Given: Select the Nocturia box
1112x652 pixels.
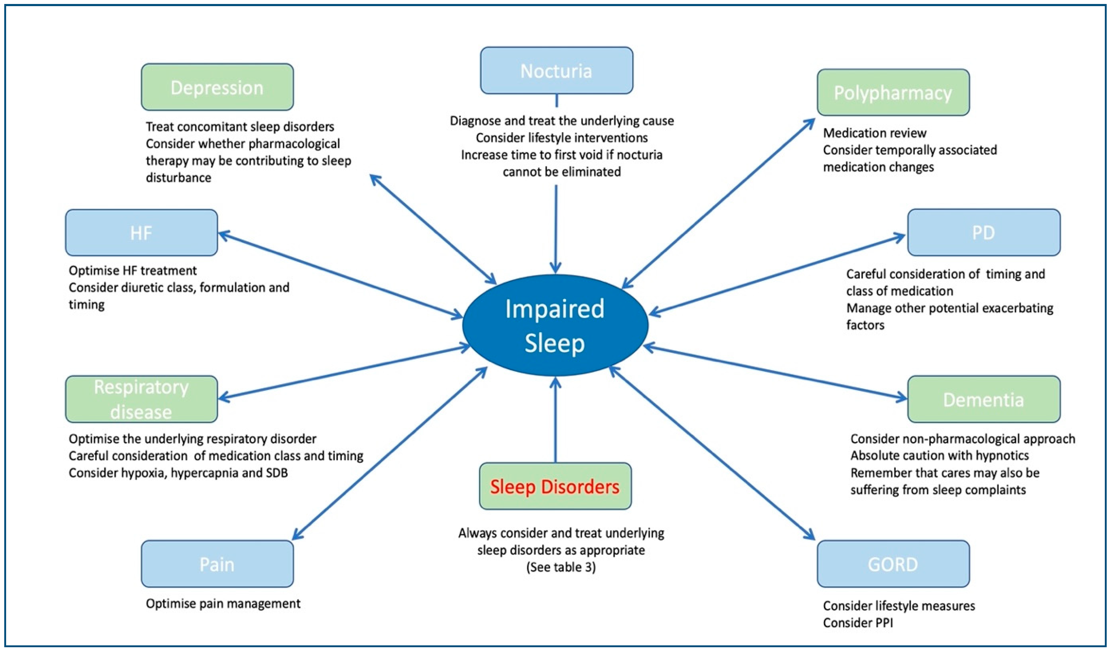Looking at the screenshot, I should [556, 71].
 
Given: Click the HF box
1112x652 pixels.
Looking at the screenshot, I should [141, 233].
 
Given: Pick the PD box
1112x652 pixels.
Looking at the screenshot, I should [984, 233].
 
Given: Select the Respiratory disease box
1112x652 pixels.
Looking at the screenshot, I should [141, 399].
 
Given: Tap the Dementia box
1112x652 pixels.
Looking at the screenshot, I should [984, 399].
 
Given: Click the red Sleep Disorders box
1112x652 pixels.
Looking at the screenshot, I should [555, 486].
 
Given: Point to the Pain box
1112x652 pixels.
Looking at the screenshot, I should [217, 564].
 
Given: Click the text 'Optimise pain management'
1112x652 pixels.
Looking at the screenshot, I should [223, 603].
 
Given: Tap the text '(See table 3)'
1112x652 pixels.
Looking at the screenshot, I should [561, 567].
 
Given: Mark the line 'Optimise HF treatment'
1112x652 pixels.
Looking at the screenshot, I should [132, 270].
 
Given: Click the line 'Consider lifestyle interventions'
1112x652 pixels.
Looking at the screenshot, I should [561, 138].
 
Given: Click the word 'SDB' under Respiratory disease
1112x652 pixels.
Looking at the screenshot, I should [277, 473].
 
